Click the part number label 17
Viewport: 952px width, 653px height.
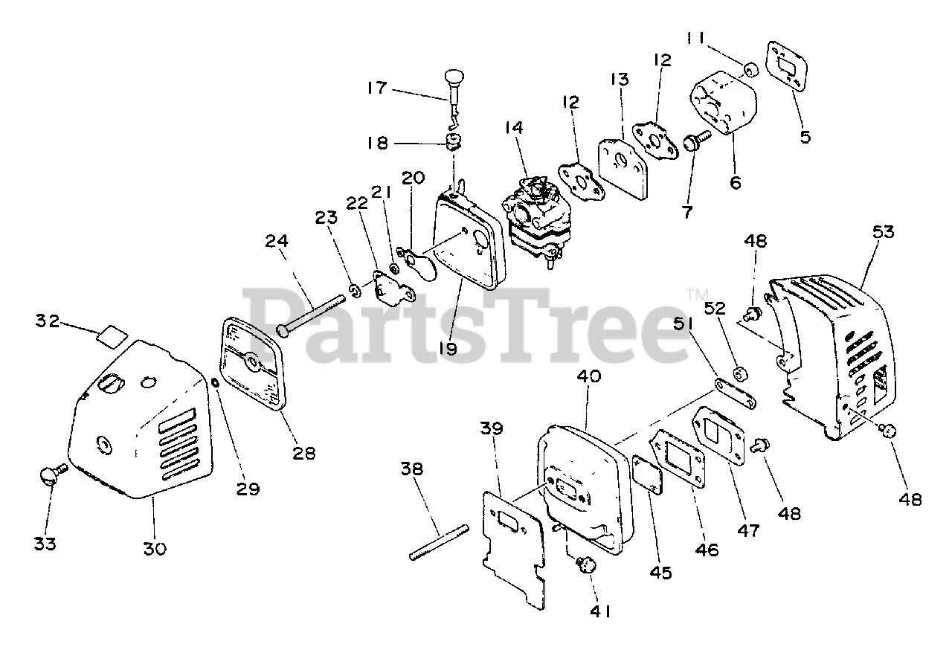(376, 88)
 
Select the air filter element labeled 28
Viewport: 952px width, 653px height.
(253, 361)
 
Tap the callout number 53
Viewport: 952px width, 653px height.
(883, 231)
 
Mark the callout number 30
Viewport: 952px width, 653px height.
(155, 549)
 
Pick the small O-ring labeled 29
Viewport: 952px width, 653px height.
(214, 383)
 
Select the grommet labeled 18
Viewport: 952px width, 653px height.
(453, 141)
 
